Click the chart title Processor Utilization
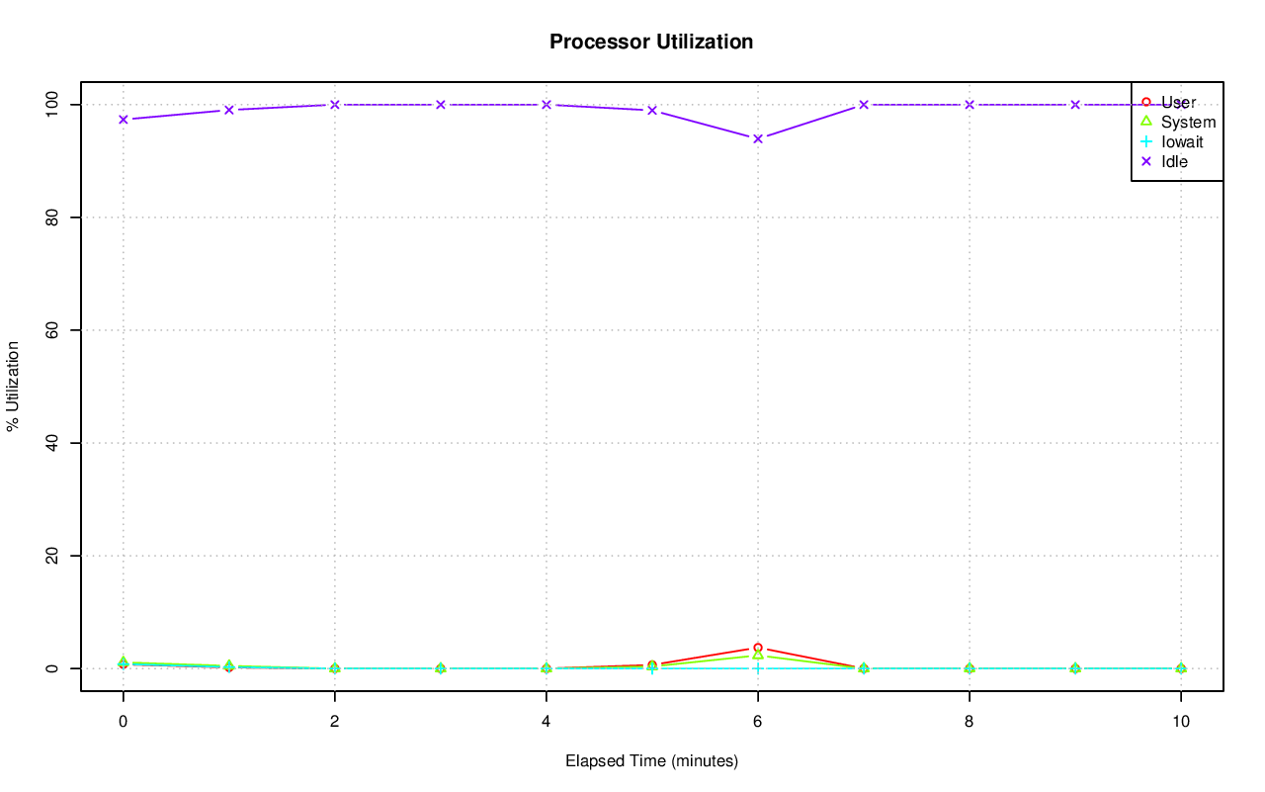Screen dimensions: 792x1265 pyautogui.click(x=651, y=42)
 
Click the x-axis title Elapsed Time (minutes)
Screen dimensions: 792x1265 pyautogui.click(x=651, y=761)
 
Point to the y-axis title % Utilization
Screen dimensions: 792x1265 pyautogui.click(x=14, y=386)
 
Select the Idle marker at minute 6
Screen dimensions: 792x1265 pyautogui.click(x=758, y=138)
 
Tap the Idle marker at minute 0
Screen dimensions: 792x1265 pyautogui.click(x=124, y=120)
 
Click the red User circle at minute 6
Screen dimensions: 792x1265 pyautogui.click(x=758, y=648)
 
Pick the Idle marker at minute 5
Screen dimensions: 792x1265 pyautogui.click(x=652, y=110)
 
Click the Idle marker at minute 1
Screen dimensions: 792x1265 pyautogui.click(x=229, y=110)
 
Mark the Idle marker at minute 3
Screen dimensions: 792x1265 pyautogui.click(x=441, y=105)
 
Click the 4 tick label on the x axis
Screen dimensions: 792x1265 pyautogui.click(x=547, y=722)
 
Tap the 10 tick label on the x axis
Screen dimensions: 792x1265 pyautogui.click(x=1180, y=722)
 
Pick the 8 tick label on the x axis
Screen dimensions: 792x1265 pyautogui.click(x=970, y=722)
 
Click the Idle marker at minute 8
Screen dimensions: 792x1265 pyautogui.click(x=970, y=105)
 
